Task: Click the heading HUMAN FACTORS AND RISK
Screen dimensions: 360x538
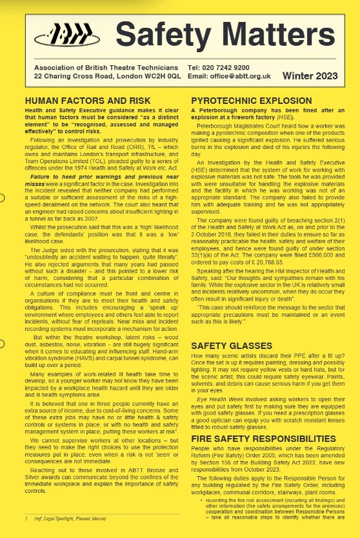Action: coord(87,101)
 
